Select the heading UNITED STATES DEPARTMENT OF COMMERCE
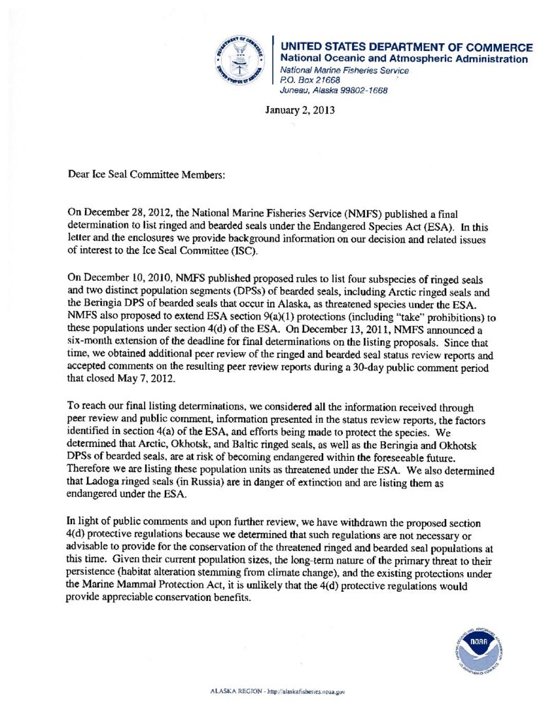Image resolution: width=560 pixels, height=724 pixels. [x=407, y=47]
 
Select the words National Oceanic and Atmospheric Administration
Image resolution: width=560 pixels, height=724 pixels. [x=404, y=59]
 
